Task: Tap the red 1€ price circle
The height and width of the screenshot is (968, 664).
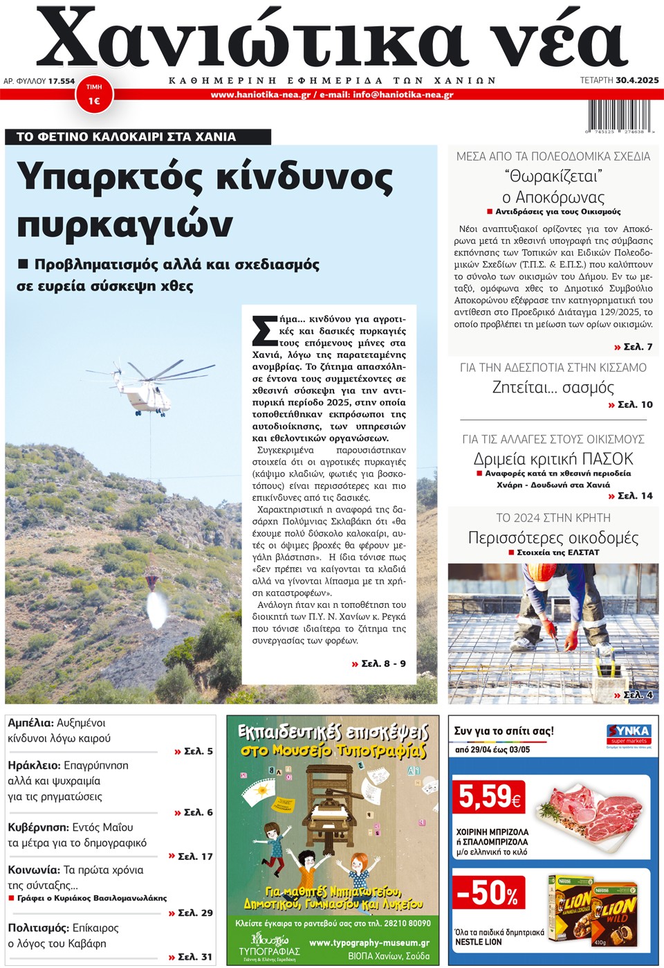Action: pyautogui.click(x=94, y=96)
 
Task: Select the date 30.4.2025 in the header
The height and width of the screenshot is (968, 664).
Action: pyautogui.click(x=637, y=80)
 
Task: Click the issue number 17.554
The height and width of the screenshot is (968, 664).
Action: pyautogui.click(x=62, y=81)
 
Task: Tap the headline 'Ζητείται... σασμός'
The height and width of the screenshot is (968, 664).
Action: pyautogui.click(x=553, y=387)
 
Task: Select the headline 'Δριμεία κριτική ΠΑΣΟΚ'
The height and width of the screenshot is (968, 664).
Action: pyautogui.click(x=553, y=458)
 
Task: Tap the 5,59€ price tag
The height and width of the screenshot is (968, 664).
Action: pyautogui.click(x=489, y=797)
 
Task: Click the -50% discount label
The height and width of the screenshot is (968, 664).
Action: pyautogui.click(x=488, y=893)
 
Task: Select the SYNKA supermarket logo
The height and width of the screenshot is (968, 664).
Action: pyautogui.click(x=628, y=734)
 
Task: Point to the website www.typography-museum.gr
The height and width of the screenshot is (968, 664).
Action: pyautogui.click(x=369, y=942)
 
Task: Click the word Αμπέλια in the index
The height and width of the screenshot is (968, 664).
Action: pyautogui.click(x=30, y=723)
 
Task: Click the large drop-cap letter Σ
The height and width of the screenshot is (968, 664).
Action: pyautogui.click(x=264, y=330)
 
